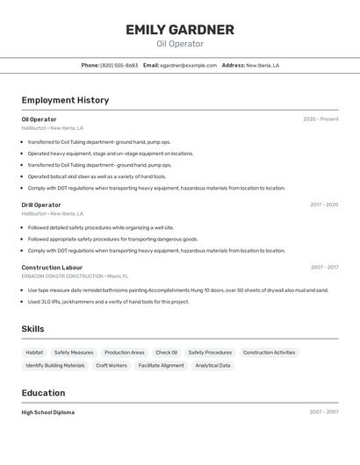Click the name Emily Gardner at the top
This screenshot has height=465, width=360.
coord(179,30)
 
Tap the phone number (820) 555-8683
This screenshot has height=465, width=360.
coord(119,65)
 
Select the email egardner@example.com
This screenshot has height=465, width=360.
coord(188,65)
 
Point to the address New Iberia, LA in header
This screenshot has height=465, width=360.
coord(263,65)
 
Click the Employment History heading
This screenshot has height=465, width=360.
coord(65,100)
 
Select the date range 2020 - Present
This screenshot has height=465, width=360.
coord(320,119)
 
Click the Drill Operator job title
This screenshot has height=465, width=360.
coord(41,204)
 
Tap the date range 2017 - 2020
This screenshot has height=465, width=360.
coord(324,204)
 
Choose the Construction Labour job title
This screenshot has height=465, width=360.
coord(52,268)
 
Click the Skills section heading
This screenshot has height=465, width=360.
coord(32,329)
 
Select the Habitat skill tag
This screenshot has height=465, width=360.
coord(34,353)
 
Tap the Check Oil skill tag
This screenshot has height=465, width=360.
coord(166,353)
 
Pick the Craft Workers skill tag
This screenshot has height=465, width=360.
coord(112,365)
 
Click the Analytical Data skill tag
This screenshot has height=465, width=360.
coord(212,365)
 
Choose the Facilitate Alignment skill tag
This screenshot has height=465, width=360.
coord(162,365)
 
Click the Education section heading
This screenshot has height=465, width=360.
coord(43,393)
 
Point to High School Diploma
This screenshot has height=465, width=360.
coord(48,412)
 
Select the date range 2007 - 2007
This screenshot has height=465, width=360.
coord(324,412)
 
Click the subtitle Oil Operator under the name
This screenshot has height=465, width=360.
coord(179,44)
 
